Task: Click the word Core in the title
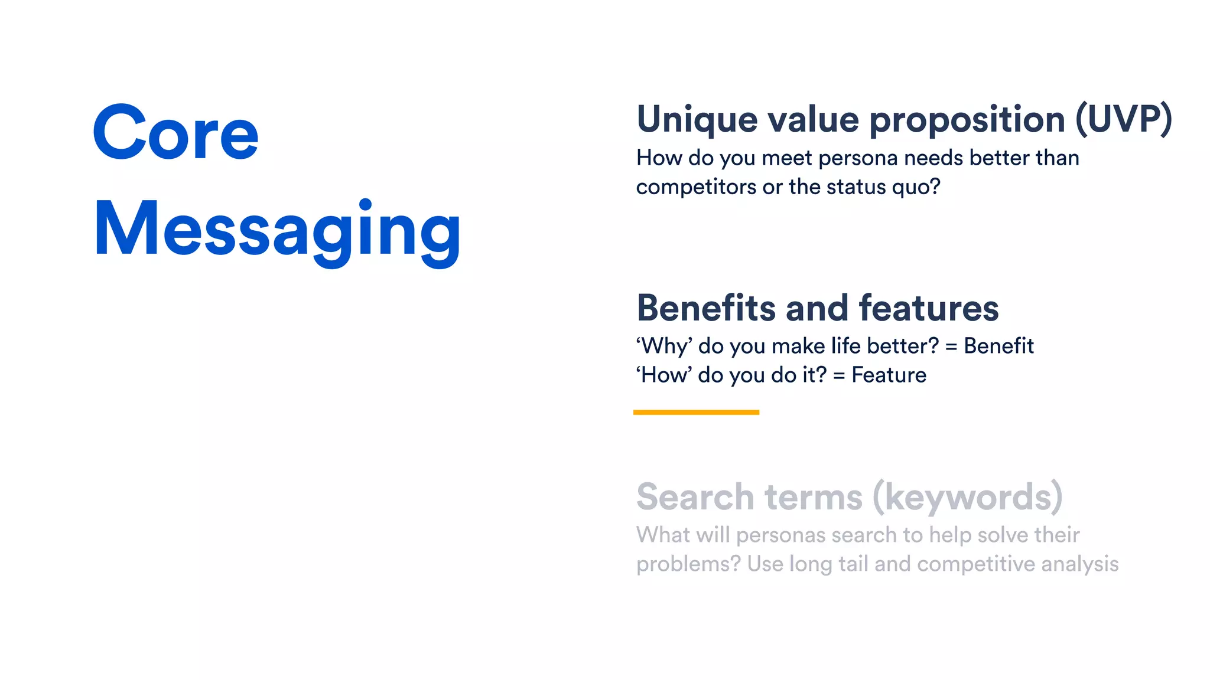(x=175, y=133)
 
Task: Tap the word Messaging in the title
(x=277, y=230)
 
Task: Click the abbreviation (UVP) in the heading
(x=1123, y=119)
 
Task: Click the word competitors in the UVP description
(x=696, y=188)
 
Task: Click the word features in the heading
(x=928, y=308)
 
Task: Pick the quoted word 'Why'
(x=664, y=346)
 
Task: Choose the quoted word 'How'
(x=664, y=375)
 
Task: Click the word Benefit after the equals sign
(x=998, y=346)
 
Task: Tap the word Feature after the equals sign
(x=889, y=375)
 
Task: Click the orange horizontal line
(x=696, y=413)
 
